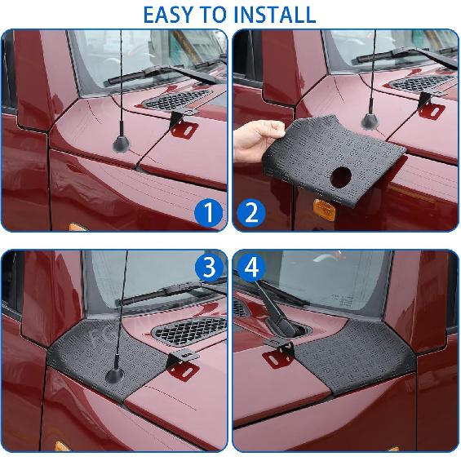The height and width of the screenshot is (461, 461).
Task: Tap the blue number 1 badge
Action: tap(209, 213)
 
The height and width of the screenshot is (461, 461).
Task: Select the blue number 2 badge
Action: tap(251, 213)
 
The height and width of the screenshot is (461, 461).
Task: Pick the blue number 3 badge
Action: tap(209, 268)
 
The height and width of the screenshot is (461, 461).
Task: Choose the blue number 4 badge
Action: tap(251, 268)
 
